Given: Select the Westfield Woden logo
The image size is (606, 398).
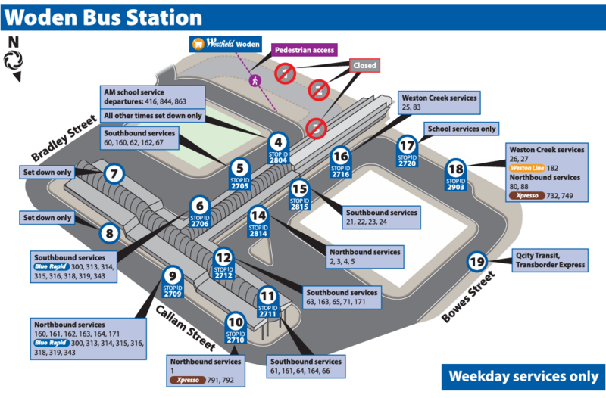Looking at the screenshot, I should click(x=225, y=45).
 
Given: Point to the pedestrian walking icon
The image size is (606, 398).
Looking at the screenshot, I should click(x=255, y=78).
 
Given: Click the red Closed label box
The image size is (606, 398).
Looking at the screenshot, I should click(x=364, y=66).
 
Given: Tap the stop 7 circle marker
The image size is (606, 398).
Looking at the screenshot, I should click(x=114, y=174).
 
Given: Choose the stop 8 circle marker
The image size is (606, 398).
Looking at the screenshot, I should click(x=110, y=233).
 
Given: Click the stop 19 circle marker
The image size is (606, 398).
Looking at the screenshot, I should click(x=476, y=263).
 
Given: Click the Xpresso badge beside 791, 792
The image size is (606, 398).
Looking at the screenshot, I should click(x=189, y=380).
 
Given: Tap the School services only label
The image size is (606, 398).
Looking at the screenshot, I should click(x=461, y=129).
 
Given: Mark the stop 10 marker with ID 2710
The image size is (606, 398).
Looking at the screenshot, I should click(x=236, y=329).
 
